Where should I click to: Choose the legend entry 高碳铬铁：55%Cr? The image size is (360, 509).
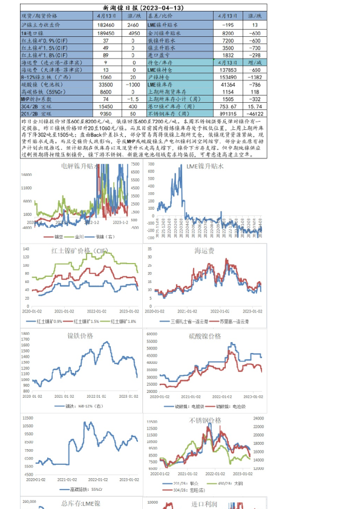[x=80, y=489]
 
